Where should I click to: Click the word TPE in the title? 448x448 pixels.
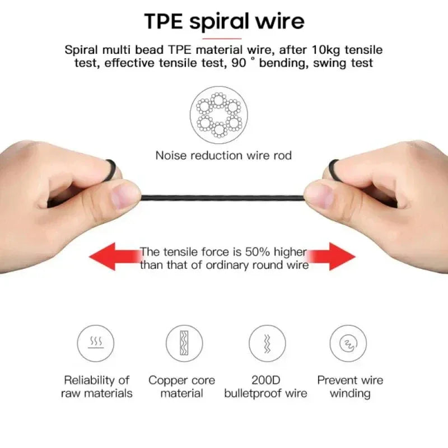pyautogui.click(x=163, y=21)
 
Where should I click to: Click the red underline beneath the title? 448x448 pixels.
pyautogui.click(x=222, y=38)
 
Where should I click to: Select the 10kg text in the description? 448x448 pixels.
pyautogui.click(x=325, y=50)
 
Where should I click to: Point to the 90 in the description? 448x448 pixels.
pyautogui.click(x=239, y=63)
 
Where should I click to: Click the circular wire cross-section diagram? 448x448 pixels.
pyautogui.click(x=219, y=115)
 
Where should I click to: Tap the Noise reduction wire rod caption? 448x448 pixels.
pyautogui.click(x=223, y=156)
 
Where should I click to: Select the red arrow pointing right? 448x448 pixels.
pyautogui.click(x=332, y=256)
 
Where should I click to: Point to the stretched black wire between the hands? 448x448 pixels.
pyautogui.click(x=222, y=198)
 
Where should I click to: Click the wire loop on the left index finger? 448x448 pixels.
pyautogui.click(x=111, y=170)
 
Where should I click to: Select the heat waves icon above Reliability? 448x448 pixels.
pyautogui.click(x=95, y=343)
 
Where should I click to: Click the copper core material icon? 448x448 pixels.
pyautogui.click(x=184, y=343)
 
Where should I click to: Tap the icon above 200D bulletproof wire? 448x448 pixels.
pyautogui.click(x=267, y=343)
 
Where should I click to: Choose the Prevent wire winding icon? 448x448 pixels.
pyautogui.click(x=348, y=343)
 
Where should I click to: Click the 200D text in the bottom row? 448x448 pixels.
pyautogui.click(x=265, y=380)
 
